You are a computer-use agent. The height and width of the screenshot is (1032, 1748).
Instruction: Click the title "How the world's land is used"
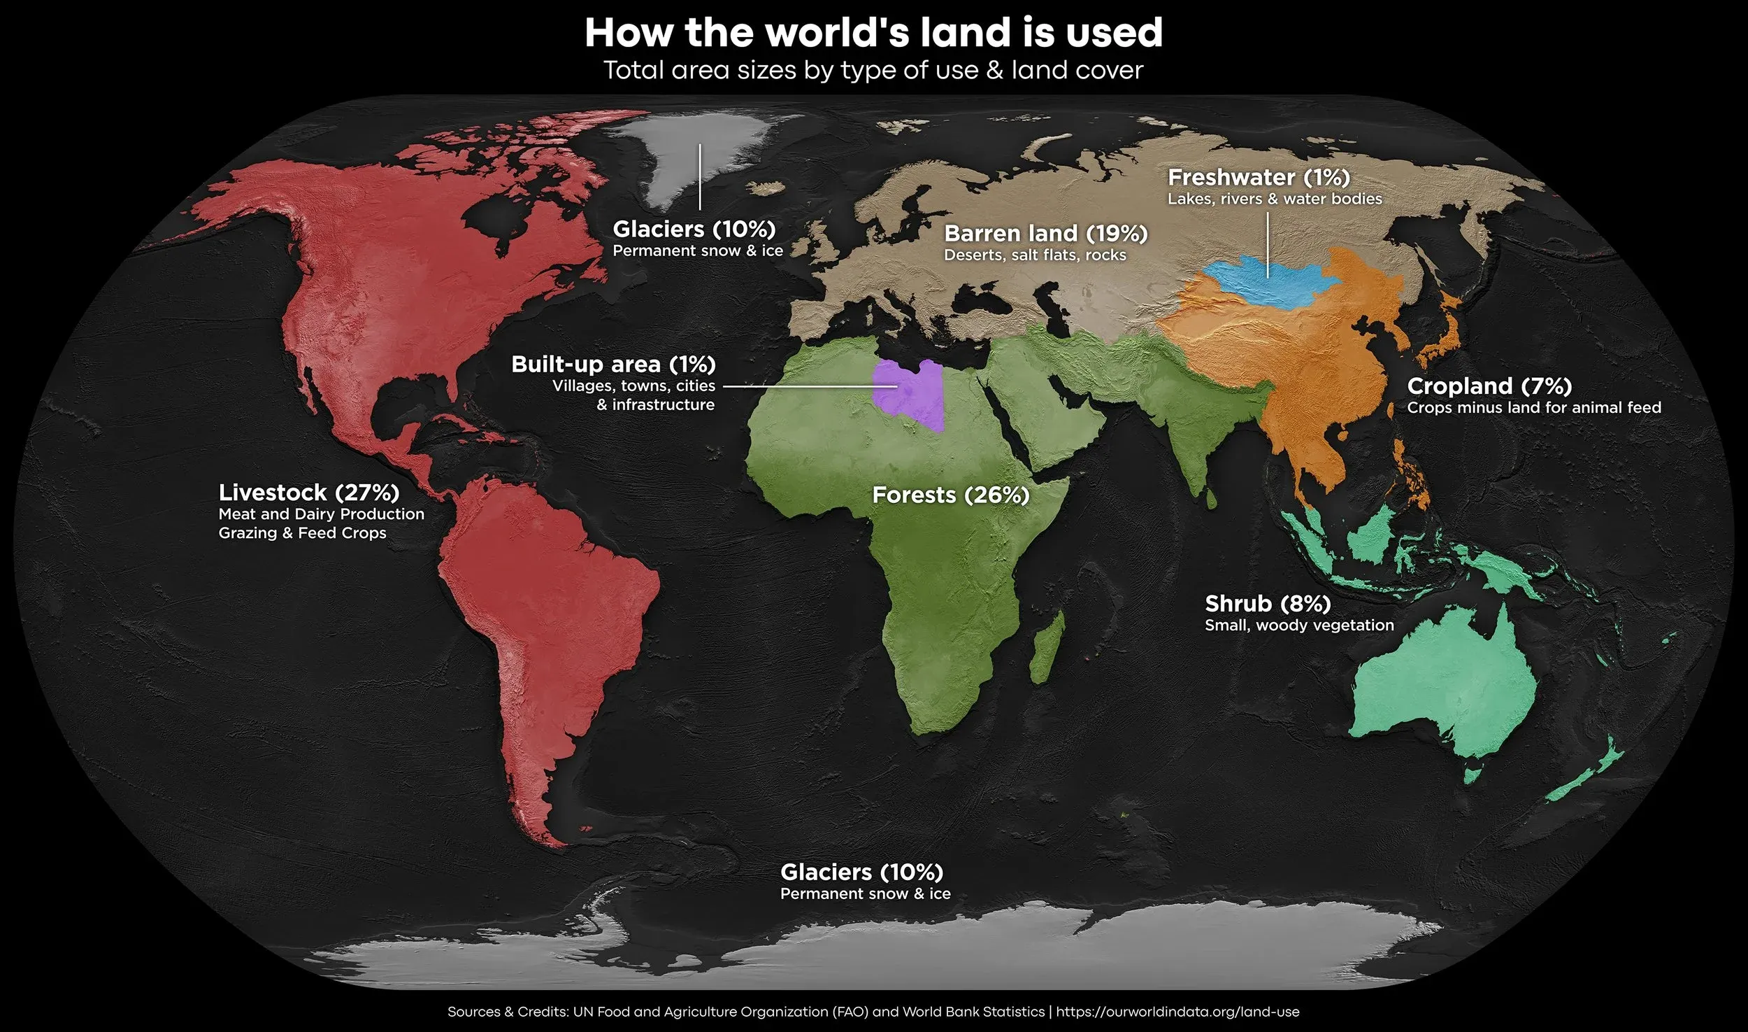[x=873, y=33]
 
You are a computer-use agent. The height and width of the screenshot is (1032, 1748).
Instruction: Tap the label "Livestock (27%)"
[x=309, y=493]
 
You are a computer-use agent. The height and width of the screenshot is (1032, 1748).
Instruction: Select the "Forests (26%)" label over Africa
[x=951, y=495]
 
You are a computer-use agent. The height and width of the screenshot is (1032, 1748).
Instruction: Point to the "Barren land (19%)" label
[x=1046, y=234]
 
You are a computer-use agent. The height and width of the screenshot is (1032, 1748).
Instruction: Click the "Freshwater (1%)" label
[x=1259, y=178]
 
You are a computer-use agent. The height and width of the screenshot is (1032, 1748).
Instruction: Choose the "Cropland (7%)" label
[x=1489, y=386]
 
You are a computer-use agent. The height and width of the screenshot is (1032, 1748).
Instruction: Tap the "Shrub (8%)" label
[x=1268, y=603]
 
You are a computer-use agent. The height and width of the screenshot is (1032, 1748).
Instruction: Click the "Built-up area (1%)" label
[x=613, y=365]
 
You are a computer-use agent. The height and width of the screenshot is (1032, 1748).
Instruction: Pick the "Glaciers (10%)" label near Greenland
[x=694, y=229]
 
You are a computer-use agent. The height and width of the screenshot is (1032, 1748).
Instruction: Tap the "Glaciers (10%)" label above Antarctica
[x=861, y=872]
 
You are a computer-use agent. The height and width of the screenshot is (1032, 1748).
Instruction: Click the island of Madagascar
[x=1047, y=647]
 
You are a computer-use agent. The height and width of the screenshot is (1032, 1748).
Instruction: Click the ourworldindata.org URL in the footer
[x=1177, y=1012]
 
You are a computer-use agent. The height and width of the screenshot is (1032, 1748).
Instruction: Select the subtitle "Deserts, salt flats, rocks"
[x=1035, y=255]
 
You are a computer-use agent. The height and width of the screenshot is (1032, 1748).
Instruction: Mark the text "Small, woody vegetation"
[x=1299, y=625]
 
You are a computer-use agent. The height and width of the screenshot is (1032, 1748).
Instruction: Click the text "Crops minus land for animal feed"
[x=1534, y=408]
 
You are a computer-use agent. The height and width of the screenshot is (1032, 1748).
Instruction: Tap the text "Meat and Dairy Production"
[x=322, y=514]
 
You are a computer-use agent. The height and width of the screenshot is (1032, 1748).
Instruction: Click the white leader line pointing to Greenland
[x=700, y=178]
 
